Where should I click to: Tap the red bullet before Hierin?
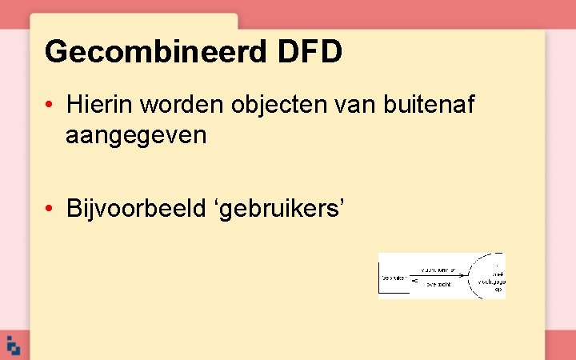[x=50, y=105]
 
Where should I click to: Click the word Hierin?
[x=96, y=104]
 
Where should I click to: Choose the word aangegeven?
[x=136, y=136]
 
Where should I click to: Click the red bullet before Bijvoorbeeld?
[x=50, y=209]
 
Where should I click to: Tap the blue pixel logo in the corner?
[x=13, y=346]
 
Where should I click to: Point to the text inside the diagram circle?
[x=490, y=282]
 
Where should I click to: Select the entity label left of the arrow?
[x=393, y=278]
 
